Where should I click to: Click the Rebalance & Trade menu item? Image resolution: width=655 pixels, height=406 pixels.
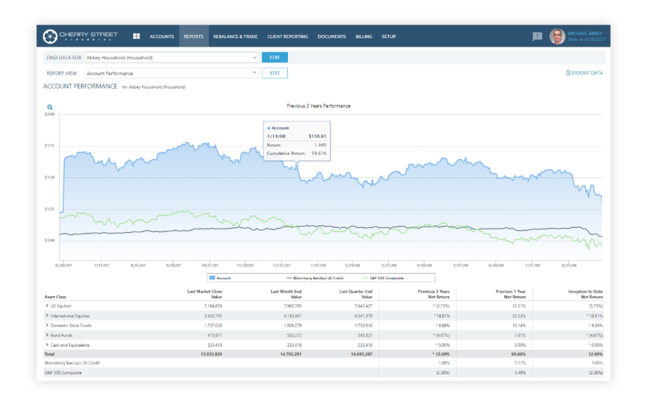click(x=235, y=36)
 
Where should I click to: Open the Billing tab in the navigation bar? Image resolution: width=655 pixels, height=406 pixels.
click(x=364, y=36)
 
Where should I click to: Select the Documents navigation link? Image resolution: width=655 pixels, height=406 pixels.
click(x=332, y=36)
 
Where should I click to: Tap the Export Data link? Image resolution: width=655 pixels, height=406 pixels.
click(x=585, y=73)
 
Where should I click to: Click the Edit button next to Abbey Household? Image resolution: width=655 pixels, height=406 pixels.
click(x=274, y=57)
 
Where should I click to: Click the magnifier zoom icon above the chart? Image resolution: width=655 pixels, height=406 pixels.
click(x=50, y=107)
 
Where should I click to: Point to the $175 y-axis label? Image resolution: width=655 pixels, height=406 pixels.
click(x=49, y=145)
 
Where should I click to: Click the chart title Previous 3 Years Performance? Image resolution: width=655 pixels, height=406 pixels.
click(x=319, y=106)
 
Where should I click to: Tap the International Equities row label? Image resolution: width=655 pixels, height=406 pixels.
click(x=70, y=316)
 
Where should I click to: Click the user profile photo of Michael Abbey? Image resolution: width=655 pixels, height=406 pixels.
click(x=557, y=36)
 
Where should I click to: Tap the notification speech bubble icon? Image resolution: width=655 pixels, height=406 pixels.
click(x=537, y=37)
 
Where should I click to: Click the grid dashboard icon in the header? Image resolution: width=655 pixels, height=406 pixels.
click(x=136, y=36)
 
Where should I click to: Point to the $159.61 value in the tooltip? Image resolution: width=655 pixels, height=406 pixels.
click(x=317, y=136)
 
